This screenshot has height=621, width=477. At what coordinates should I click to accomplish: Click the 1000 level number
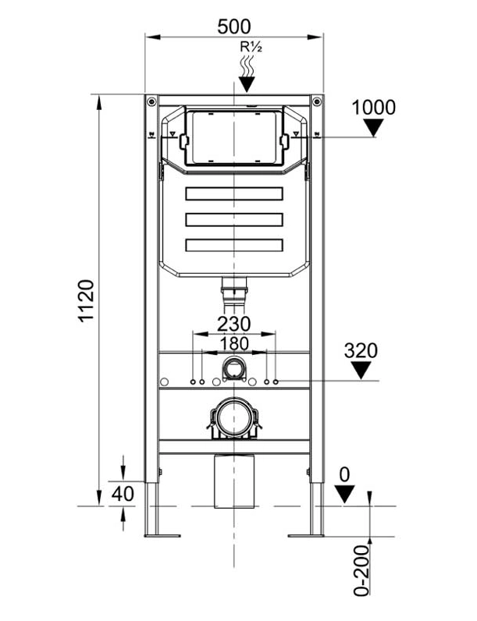pos(373,108)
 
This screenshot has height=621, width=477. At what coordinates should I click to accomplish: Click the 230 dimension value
pos(233,323)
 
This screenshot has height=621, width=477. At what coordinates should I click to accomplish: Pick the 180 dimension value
pos(233,342)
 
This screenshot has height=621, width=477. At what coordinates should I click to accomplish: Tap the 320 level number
pos(361,351)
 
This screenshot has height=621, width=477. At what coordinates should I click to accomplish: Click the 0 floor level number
pos(344,474)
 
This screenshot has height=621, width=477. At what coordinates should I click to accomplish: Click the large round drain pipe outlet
pos(233,418)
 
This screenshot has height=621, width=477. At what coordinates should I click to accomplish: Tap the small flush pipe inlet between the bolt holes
pos(233,367)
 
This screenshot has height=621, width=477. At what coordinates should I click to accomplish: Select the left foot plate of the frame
pos(162,534)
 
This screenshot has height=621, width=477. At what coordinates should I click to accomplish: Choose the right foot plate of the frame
pos(306,534)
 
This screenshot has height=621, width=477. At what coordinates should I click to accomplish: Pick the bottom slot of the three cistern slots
pos(233,245)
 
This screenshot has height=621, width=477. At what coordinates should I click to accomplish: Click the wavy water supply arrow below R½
pos(248,74)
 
